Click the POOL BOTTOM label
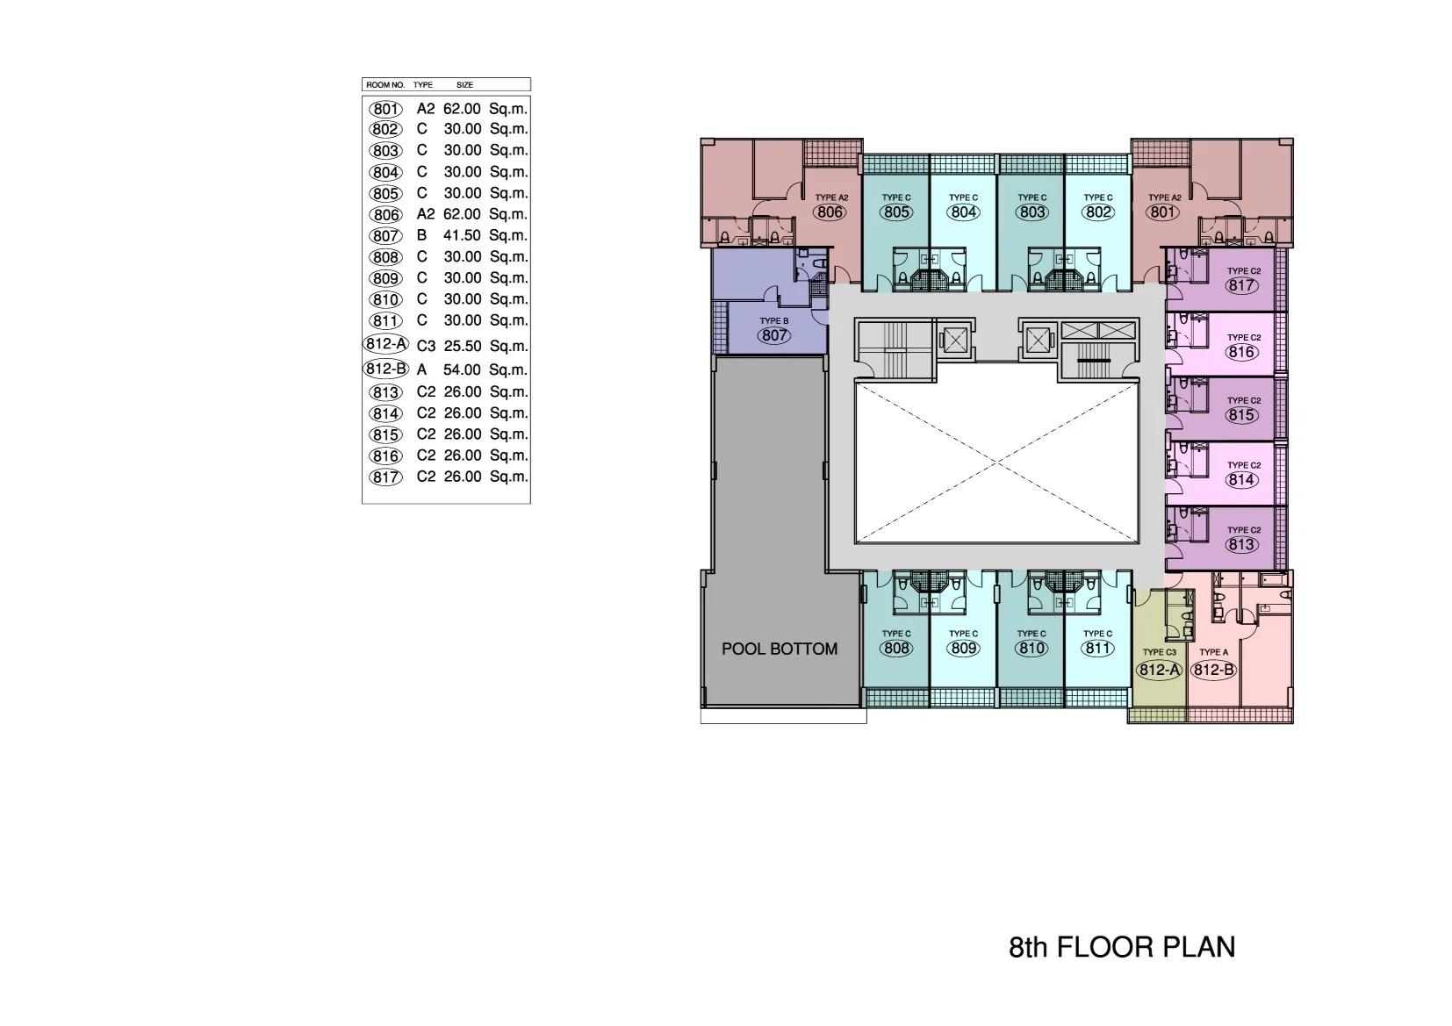[x=780, y=649]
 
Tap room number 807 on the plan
[x=774, y=336]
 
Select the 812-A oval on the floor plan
[x=1159, y=670]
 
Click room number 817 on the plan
[x=1241, y=286]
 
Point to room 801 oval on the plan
[x=1162, y=212]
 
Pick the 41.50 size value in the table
[x=462, y=235]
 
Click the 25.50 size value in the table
[x=462, y=346]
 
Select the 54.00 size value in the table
[x=462, y=370]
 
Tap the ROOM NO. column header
[x=385, y=85]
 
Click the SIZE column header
[x=464, y=85]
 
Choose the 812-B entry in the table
[x=386, y=369]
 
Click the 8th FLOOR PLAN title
[x=1122, y=947]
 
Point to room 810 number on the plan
[x=1031, y=648]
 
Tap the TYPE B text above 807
[x=774, y=321]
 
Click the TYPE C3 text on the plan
[x=1159, y=652]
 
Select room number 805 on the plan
[x=896, y=212]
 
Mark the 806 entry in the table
[x=385, y=214]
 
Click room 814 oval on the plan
[x=1241, y=479]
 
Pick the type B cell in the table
[x=421, y=235]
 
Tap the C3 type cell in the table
[x=426, y=346]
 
